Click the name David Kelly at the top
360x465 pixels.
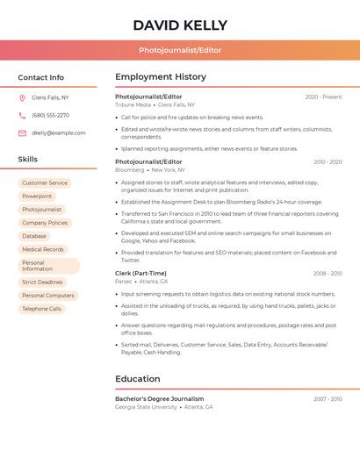tap(180, 25)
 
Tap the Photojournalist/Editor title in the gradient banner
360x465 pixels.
tap(180, 51)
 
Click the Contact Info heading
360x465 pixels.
tap(41, 78)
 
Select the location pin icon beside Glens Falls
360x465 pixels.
tap(22, 98)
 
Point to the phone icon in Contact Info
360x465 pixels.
tap(22, 115)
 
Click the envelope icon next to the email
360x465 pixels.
tap(22, 133)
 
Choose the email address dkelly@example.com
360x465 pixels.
tap(59, 133)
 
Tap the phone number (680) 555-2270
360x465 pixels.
tap(50, 115)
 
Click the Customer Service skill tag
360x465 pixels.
tap(45, 183)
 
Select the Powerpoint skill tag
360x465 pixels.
tap(37, 197)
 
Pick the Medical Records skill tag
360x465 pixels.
tap(43, 249)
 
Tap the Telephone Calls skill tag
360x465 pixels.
tap(42, 309)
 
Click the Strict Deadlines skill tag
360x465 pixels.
tap(42, 283)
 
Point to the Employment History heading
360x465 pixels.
tap(161, 77)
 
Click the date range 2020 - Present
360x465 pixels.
tap(323, 97)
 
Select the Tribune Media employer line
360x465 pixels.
tap(155, 105)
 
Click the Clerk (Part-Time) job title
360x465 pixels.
tap(140, 274)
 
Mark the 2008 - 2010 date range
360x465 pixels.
tap(328, 274)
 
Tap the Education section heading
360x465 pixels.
tap(138, 379)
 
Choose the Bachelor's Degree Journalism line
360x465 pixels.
tap(159, 399)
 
